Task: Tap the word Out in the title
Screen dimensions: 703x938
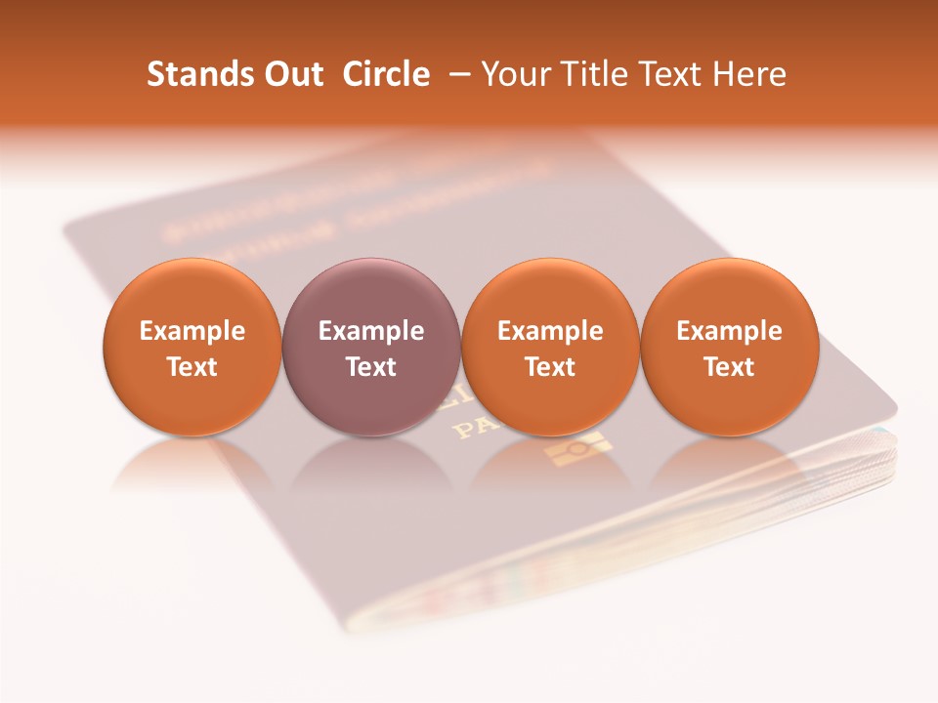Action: (292, 74)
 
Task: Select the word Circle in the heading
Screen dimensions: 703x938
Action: (386, 74)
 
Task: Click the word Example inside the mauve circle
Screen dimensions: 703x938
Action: (371, 331)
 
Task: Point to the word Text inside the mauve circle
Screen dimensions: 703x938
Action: (371, 367)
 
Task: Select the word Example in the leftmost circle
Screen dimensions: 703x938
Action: (192, 331)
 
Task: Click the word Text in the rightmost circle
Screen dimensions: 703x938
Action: (729, 367)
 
